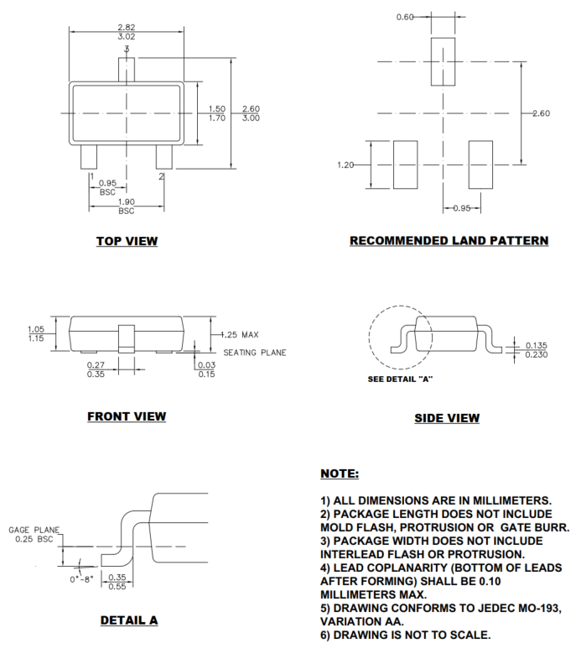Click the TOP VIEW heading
pyautogui.click(x=127, y=242)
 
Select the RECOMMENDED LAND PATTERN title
pyautogui.click(x=449, y=241)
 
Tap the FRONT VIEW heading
pyautogui.click(x=127, y=416)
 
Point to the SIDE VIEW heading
pyautogui.click(x=447, y=418)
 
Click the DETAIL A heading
pyautogui.click(x=128, y=621)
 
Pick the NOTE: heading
pyautogui.click(x=340, y=474)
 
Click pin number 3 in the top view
pyautogui.click(x=126, y=50)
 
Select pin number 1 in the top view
pyautogui.click(x=91, y=176)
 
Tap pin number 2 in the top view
pyautogui.click(x=161, y=176)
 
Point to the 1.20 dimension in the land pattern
pyautogui.click(x=347, y=165)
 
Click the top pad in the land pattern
pyautogui.click(x=443, y=61)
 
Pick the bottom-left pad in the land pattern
pyautogui.click(x=406, y=164)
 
